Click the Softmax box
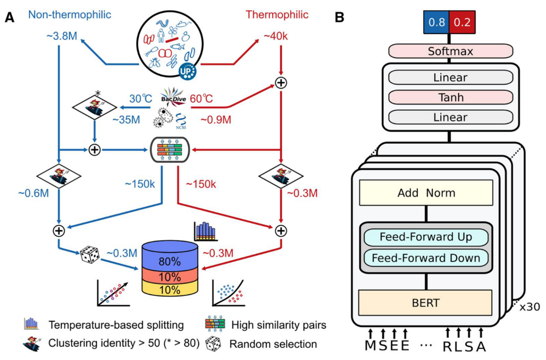(x=448, y=50)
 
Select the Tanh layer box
(x=448, y=98)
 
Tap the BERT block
(x=425, y=302)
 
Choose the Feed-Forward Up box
(x=425, y=237)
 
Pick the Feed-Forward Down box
(x=425, y=258)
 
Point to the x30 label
(x=530, y=307)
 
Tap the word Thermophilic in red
(x=277, y=14)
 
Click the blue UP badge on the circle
(x=187, y=70)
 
